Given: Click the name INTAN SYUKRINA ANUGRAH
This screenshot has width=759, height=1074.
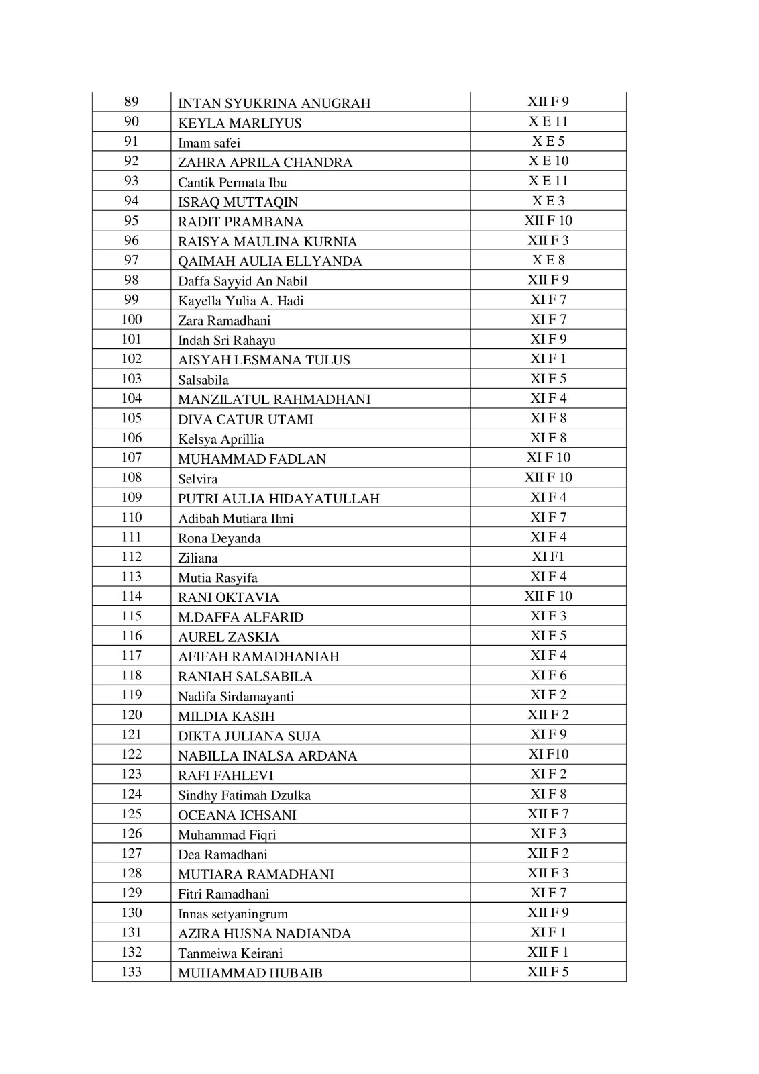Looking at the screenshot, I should [274, 103].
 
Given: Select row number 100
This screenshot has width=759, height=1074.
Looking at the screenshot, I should [132, 320].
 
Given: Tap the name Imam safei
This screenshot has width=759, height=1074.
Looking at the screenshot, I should [209, 143].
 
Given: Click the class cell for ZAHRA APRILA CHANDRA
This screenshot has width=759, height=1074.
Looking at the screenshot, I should [548, 161].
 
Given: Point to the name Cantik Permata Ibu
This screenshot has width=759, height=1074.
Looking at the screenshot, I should [232, 183].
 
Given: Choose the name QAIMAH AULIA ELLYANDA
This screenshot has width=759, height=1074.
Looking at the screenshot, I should [270, 262].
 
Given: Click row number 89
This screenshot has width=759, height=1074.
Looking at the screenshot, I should [132, 102].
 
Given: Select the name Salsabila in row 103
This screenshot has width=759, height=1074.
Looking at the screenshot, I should [203, 380].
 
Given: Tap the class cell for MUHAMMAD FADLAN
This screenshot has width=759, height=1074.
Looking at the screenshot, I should [548, 458].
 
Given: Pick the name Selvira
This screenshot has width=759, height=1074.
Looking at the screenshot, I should [198, 479].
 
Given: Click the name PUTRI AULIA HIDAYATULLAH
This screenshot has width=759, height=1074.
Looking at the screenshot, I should [279, 499].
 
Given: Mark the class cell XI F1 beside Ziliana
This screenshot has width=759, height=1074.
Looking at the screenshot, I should [548, 556].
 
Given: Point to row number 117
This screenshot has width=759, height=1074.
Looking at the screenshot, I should [132, 656].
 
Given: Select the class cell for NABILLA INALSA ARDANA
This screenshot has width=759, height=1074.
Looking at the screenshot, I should [548, 754].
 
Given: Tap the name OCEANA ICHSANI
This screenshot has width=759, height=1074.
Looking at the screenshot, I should [237, 816].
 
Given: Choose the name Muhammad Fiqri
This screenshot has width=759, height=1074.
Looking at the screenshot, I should [227, 835].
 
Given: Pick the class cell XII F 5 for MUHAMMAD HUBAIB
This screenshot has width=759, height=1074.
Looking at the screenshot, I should [548, 972].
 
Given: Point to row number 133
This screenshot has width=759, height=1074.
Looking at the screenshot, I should [132, 972].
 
